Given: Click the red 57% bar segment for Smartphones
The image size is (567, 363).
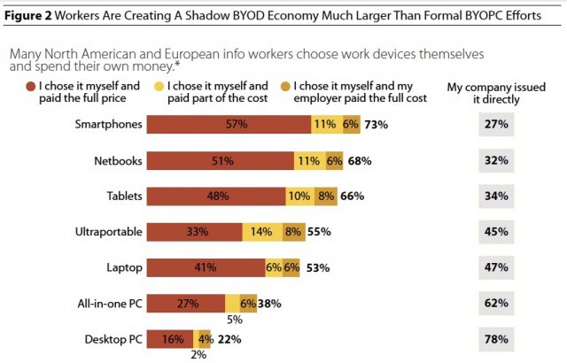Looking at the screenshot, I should click(x=236, y=125).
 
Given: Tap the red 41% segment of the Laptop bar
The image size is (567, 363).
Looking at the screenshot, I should click(x=206, y=267).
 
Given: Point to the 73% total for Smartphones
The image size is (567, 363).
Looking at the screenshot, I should click(x=376, y=125).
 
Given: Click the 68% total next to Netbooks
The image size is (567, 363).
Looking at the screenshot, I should click(x=360, y=161).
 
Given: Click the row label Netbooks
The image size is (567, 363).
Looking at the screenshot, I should click(x=118, y=161).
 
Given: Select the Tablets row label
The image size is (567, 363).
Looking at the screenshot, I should click(x=123, y=197).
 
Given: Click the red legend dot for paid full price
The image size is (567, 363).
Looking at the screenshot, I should click(x=16, y=87).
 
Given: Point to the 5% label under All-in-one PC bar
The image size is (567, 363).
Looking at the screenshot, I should click(x=234, y=320).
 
